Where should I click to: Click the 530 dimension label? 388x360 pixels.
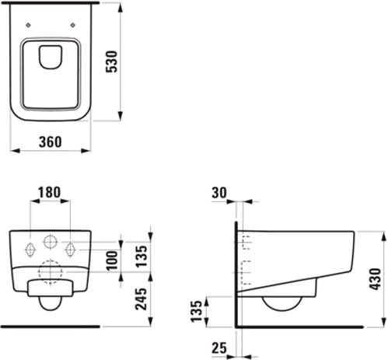112,61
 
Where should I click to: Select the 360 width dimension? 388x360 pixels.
51,142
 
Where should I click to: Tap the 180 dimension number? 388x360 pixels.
49,192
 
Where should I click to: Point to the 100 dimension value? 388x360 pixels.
113,260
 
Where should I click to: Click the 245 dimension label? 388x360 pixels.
142,299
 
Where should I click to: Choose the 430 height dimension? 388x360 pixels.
376,279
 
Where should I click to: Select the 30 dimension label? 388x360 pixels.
219,193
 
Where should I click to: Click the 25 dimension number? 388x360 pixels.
219,348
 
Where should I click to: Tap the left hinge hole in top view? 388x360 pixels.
29,25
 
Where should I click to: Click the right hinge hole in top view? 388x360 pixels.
73,25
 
